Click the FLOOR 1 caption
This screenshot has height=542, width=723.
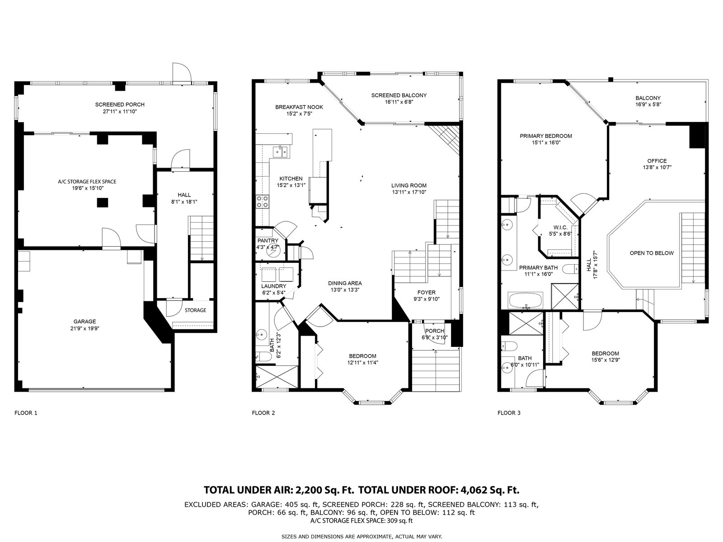[26, 413]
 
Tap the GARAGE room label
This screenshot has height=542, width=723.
[85, 322]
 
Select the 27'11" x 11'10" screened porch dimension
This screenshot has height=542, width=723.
[120, 112]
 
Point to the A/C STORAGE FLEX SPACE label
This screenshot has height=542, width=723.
[87, 182]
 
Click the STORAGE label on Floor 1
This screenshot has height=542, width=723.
[195, 310]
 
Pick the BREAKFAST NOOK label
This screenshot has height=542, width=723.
[299, 107]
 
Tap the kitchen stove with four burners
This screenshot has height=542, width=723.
[263, 201]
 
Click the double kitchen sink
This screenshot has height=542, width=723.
[280, 152]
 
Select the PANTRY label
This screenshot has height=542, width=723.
[268, 241]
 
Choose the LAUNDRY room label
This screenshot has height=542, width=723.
[274, 286]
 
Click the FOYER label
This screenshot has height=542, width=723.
[426, 292]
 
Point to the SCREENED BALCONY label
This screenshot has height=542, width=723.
[399, 95]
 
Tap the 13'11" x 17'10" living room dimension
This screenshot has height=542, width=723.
[409, 192]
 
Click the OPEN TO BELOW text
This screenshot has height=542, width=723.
[652, 253]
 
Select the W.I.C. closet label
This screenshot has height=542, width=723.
[560, 227]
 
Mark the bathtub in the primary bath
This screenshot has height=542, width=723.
[526, 300]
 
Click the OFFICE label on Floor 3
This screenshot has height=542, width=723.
[657, 161]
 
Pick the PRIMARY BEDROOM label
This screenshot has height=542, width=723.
[546, 136]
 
